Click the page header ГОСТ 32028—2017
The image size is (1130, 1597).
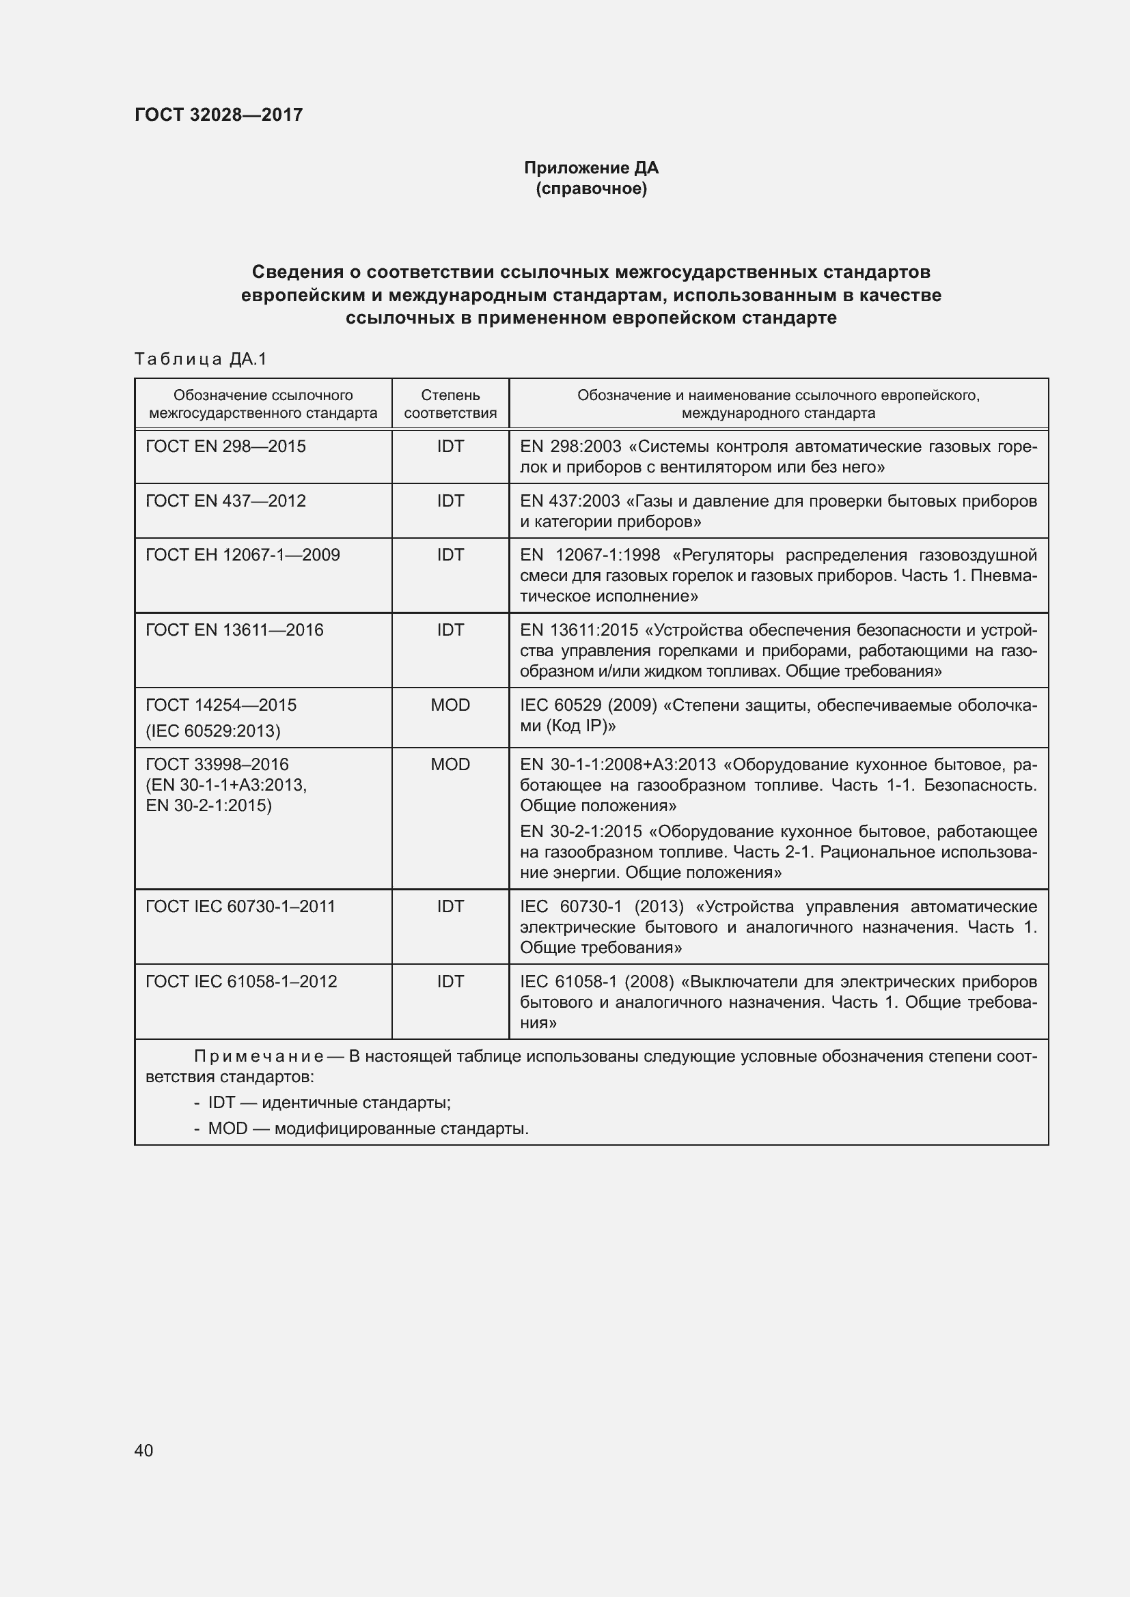pyautogui.click(x=219, y=115)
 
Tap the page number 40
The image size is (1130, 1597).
pyautogui.click(x=144, y=1450)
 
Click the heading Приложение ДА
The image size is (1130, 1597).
pyautogui.click(x=591, y=168)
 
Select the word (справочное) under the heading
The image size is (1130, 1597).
pyautogui.click(x=591, y=188)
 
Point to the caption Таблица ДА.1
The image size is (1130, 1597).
pyautogui.click(x=200, y=359)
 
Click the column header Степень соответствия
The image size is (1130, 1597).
pyautogui.click(x=450, y=404)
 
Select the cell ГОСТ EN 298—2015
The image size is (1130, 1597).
pyautogui.click(x=225, y=447)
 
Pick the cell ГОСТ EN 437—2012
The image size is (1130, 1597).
pyautogui.click(x=225, y=500)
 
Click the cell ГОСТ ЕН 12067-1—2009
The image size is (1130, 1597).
pyautogui.click(x=242, y=555)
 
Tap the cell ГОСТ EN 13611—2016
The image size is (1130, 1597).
pyautogui.click(x=234, y=630)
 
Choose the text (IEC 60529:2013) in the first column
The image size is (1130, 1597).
pyautogui.click(x=213, y=731)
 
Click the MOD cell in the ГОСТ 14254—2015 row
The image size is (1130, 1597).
pyautogui.click(x=450, y=705)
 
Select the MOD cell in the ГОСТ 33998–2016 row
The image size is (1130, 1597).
pyautogui.click(x=450, y=765)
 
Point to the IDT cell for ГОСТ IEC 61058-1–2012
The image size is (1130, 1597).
pyautogui.click(x=450, y=981)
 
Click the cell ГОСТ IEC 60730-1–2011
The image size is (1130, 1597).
pyautogui.click(x=240, y=906)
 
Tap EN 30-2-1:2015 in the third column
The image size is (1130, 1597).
pyautogui.click(x=581, y=832)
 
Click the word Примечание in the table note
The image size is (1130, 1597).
pyautogui.click(x=259, y=1056)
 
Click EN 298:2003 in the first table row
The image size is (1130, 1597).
pyautogui.click(x=570, y=447)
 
